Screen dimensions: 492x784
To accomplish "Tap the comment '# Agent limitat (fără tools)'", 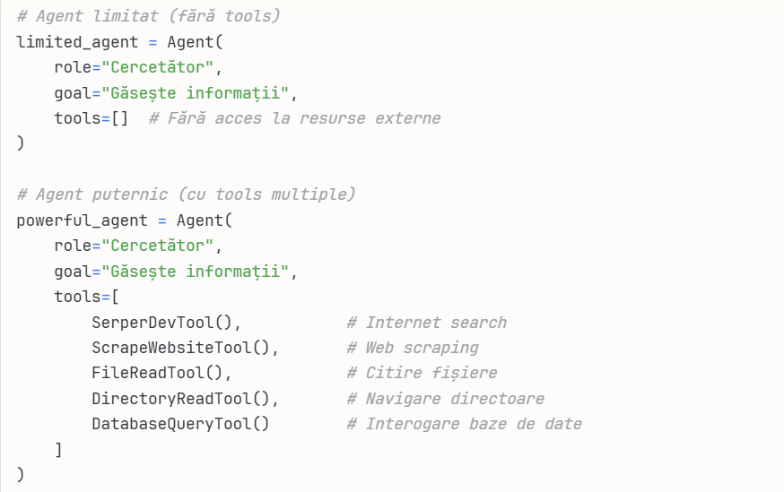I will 148,16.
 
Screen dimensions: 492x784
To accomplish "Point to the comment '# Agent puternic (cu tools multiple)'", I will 186,194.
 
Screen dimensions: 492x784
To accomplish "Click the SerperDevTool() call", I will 166,323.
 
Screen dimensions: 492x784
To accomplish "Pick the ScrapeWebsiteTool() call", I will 185,348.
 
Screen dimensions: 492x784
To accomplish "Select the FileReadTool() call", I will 161,373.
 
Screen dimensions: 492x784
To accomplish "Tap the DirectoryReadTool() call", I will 185,399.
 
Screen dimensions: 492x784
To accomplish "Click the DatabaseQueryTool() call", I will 180,424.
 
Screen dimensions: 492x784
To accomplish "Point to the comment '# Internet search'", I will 427,323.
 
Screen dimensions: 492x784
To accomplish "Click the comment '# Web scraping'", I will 413,348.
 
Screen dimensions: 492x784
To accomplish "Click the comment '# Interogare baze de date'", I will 465,424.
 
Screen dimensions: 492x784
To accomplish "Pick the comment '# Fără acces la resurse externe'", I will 294,118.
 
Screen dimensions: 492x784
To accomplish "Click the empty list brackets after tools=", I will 119,118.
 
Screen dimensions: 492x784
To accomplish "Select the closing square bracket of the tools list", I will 58,450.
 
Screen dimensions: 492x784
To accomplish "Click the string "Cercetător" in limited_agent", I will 161,67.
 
